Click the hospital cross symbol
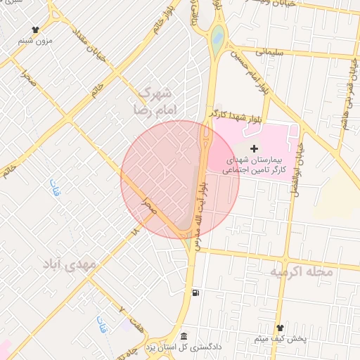[254, 148]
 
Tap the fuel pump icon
[195, 293]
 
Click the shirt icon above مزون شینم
[35, 30]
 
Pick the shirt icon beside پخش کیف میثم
[279, 328]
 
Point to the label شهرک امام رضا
[155, 101]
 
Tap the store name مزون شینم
[35, 41]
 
